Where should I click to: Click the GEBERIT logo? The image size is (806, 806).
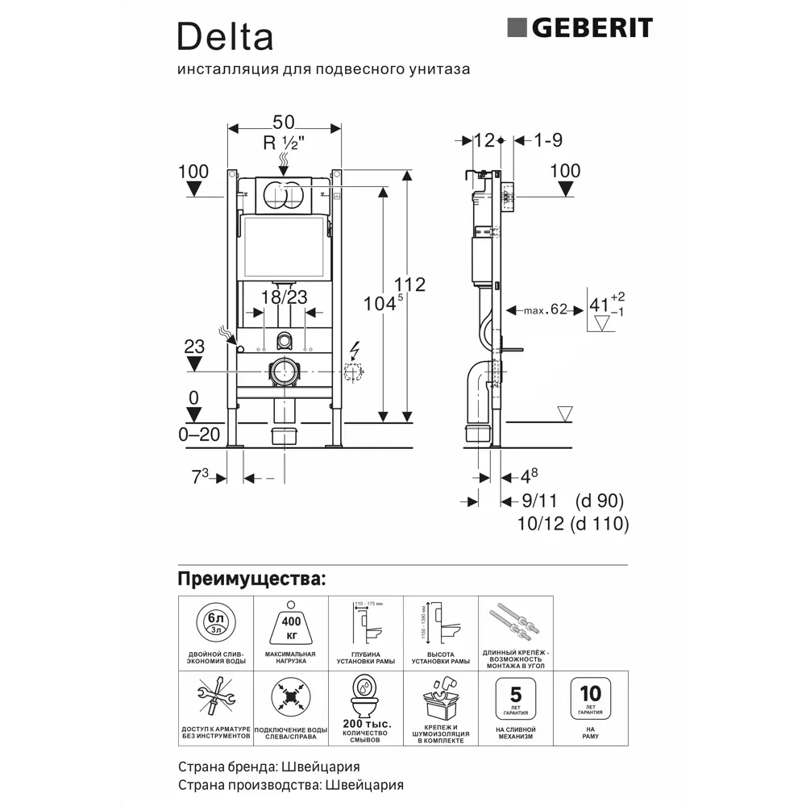tap(580, 28)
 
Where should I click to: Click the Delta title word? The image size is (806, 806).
tap(225, 36)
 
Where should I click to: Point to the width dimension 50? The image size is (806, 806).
tap(284, 122)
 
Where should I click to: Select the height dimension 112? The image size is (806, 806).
tap(409, 285)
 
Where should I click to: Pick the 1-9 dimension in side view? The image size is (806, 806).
tap(548, 140)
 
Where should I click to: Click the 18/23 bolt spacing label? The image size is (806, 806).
tap(285, 297)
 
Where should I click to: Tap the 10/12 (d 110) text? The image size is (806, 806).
tap(572, 524)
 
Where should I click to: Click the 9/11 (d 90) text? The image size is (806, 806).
tap(572, 501)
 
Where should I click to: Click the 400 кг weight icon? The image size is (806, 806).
tap(290, 622)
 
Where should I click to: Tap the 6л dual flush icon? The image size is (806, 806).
tap(215, 622)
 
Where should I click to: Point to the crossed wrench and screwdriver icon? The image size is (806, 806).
tap(215, 699)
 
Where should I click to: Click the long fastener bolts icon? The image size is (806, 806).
tap(516, 622)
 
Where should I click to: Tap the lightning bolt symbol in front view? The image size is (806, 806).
tap(355, 352)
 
